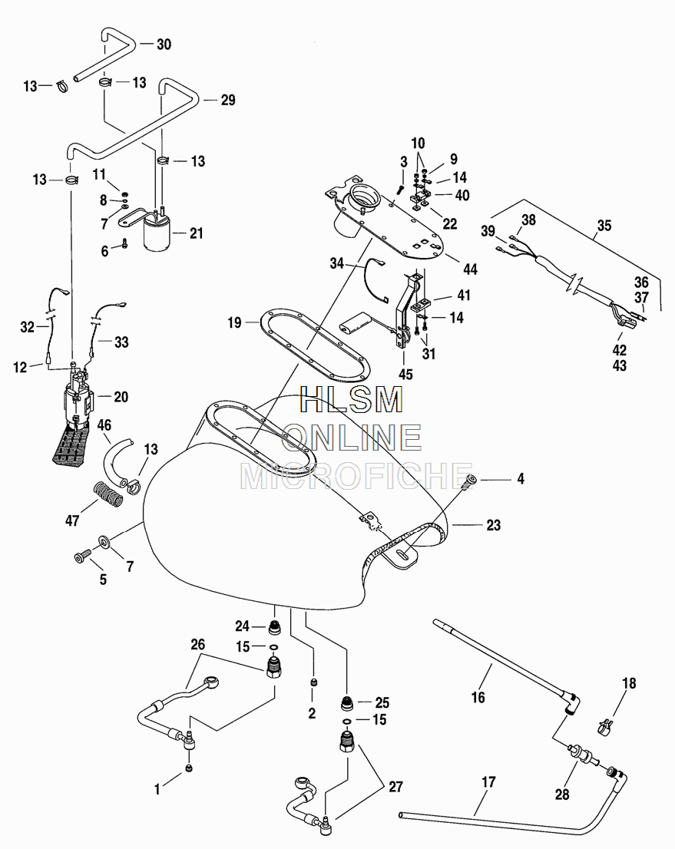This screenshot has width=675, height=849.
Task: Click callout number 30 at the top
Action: (x=164, y=45)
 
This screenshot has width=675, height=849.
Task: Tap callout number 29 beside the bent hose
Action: (x=227, y=100)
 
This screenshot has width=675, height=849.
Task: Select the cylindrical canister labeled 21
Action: (x=161, y=233)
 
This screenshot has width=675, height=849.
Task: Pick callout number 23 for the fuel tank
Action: (x=493, y=526)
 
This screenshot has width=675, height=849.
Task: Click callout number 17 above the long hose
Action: (x=488, y=782)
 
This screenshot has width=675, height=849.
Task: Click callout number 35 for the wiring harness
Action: (x=604, y=226)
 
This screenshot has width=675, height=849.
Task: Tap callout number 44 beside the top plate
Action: (x=470, y=269)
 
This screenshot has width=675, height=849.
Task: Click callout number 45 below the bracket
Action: (x=405, y=375)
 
